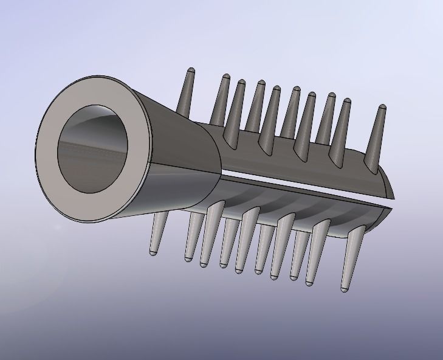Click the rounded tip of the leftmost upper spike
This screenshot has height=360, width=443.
click(x=191, y=72)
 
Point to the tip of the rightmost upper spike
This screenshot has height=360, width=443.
click(x=382, y=109)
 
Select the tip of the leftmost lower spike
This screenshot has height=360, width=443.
click(x=153, y=251)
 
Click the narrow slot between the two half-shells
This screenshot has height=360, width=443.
click(x=304, y=189)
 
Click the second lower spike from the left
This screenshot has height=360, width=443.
click(x=193, y=237)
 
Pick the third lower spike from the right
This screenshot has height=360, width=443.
click(x=298, y=255)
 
